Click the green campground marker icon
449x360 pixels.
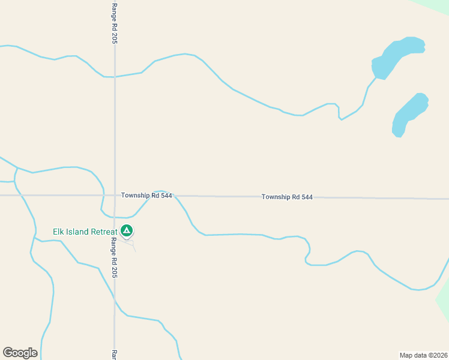[127, 230]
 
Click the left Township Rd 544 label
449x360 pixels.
[146, 196]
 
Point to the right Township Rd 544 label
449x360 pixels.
[287, 197]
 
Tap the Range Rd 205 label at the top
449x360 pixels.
[113, 23]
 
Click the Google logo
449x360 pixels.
[20, 353]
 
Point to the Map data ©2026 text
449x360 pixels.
[423, 355]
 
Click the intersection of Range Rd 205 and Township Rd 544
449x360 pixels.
[115, 195]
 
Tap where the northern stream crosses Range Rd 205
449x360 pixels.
[115, 77]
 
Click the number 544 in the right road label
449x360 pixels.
[306, 197]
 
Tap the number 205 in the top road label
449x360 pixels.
[113, 38]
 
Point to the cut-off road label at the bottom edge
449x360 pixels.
[113, 355]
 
